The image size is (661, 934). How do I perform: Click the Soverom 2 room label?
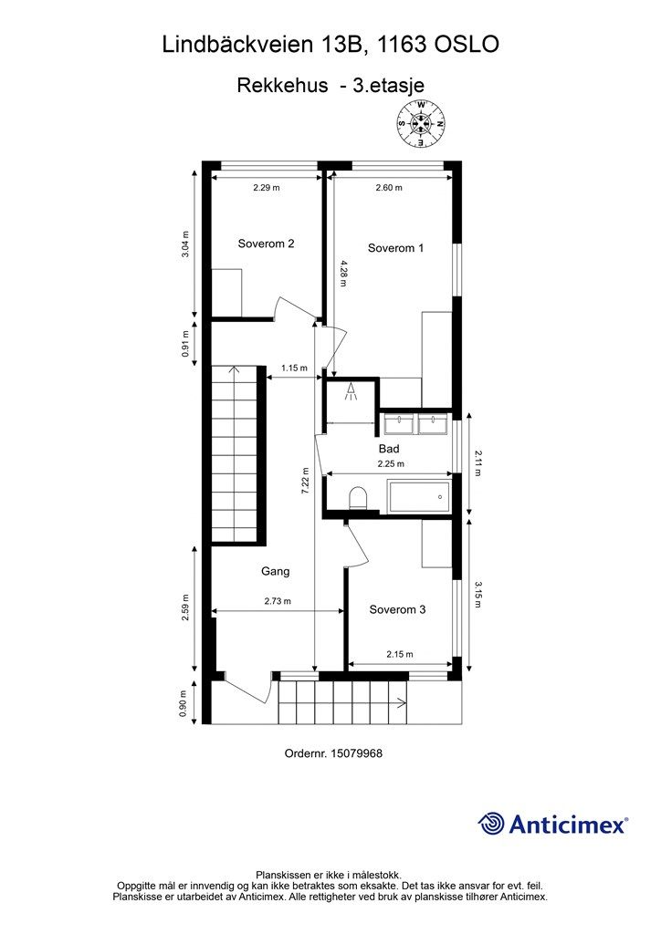click(x=266, y=244)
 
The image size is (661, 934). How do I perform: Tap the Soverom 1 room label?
click(x=395, y=248)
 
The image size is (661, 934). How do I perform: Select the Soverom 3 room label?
click(x=397, y=609)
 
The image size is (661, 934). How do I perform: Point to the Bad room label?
click(x=389, y=449)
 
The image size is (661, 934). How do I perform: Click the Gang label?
click(x=276, y=571)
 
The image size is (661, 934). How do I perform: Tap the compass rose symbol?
click(x=422, y=124)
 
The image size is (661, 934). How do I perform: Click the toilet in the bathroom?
click(x=358, y=497)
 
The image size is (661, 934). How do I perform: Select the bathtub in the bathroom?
click(x=419, y=496)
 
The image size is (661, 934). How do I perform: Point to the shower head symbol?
click(x=351, y=390)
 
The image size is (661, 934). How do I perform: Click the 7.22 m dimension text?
click(x=305, y=480)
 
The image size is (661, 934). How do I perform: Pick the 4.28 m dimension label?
click(x=343, y=273)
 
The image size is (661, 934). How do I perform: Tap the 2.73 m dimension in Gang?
click(x=278, y=601)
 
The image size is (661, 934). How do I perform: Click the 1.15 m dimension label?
click(x=295, y=368)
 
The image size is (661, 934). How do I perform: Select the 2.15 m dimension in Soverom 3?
click(x=399, y=654)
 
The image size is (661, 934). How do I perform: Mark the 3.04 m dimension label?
click(x=185, y=244)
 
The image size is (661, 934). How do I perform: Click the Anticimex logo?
click(x=552, y=824)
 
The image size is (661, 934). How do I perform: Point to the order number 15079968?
click(x=333, y=753)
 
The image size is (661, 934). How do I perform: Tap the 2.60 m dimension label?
click(x=389, y=188)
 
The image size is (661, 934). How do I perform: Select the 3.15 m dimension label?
click(x=477, y=595)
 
